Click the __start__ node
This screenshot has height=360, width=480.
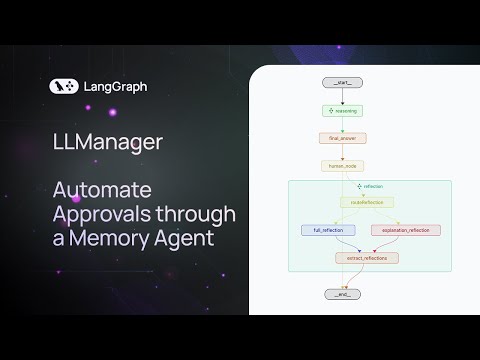click(x=343, y=80)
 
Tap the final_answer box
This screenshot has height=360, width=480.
click(x=343, y=139)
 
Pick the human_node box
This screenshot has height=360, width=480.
click(x=343, y=166)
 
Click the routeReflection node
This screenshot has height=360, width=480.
click(x=358, y=202)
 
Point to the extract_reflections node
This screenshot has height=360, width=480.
click(x=365, y=258)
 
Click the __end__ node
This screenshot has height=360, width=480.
click(x=343, y=294)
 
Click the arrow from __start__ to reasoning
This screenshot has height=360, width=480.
click(x=343, y=96)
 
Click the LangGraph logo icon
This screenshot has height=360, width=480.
click(x=63, y=87)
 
